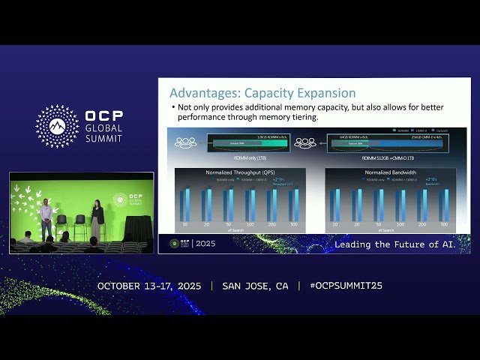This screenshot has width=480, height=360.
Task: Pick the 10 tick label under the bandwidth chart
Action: (334, 224)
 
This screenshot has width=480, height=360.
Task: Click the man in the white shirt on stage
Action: (46, 219)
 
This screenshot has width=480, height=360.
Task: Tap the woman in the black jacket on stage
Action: (97, 220)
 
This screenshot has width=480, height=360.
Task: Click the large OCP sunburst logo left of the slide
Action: (58, 126)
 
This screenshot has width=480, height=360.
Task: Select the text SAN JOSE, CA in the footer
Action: (255, 286)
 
